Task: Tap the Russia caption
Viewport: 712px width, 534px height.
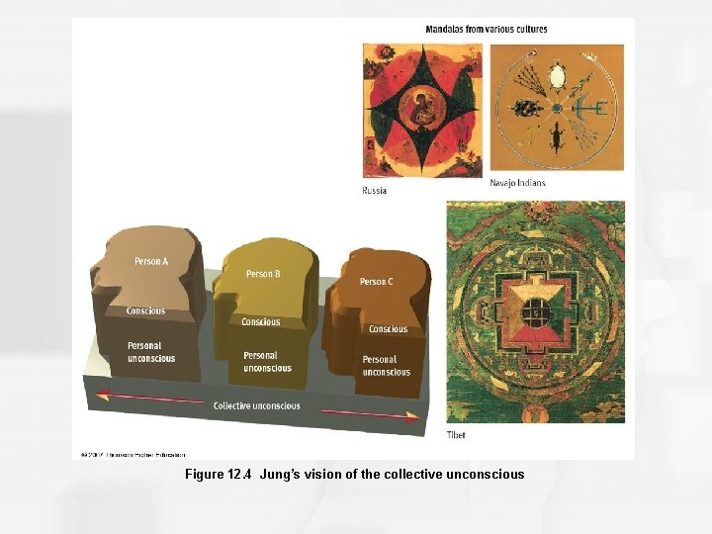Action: point(375,190)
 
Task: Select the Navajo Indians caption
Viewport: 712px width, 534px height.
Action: point(517,183)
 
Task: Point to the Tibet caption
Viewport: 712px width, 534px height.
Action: point(456,434)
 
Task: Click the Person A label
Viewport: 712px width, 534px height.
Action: point(151,261)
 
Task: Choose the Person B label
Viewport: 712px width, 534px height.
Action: point(263,274)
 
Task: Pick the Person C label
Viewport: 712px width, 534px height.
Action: point(376,282)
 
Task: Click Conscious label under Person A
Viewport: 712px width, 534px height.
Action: point(145,311)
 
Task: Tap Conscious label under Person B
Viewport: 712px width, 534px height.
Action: point(261,321)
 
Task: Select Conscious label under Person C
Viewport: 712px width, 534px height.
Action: point(388,328)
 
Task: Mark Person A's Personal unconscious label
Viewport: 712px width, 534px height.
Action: point(150,352)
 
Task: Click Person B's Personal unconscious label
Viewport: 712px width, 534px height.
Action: point(267,362)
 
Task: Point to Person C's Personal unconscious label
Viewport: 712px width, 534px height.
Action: point(386,366)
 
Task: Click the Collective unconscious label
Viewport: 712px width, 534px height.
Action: point(257,405)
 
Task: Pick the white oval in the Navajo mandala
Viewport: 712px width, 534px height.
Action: point(557,75)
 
